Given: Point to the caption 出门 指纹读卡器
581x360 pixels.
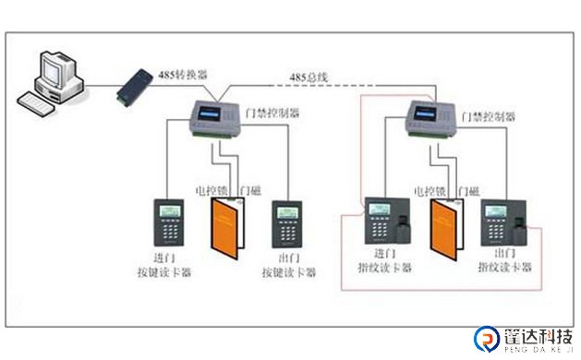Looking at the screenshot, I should coord(504,260).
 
